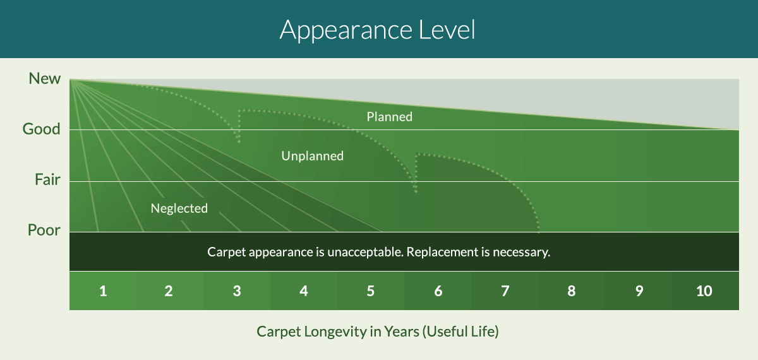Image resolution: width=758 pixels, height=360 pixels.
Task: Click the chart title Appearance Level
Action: click(377, 30)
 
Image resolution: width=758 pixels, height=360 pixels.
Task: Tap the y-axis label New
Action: click(45, 78)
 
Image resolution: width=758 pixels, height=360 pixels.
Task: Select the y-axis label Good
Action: click(41, 129)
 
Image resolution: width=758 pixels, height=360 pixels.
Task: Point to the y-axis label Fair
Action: click(48, 179)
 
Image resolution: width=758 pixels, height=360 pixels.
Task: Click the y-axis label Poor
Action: click(44, 230)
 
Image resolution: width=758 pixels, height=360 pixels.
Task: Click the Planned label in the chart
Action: click(390, 117)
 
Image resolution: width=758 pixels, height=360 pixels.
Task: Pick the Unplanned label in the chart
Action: click(312, 156)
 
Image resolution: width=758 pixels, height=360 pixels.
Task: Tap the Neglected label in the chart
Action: click(179, 208)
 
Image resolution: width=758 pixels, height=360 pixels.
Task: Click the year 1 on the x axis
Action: click(103, 291)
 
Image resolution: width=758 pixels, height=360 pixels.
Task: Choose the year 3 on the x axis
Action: click(237, 291)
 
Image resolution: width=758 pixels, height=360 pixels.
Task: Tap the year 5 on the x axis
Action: click(371, 291)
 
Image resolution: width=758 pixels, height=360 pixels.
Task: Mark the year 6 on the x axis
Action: click(438, 291)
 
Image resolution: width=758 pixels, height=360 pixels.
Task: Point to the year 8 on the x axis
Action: click(572, 291)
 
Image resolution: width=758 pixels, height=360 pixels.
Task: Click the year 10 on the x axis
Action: click(704, 291)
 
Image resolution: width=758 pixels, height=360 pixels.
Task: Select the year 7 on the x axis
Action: click(505, 291)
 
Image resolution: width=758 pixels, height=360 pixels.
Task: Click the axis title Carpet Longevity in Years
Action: click(338, 332)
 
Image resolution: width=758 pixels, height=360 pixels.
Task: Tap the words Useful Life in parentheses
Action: click(460, 332)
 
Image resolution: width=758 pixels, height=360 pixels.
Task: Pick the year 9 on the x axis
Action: click(639, 291)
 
